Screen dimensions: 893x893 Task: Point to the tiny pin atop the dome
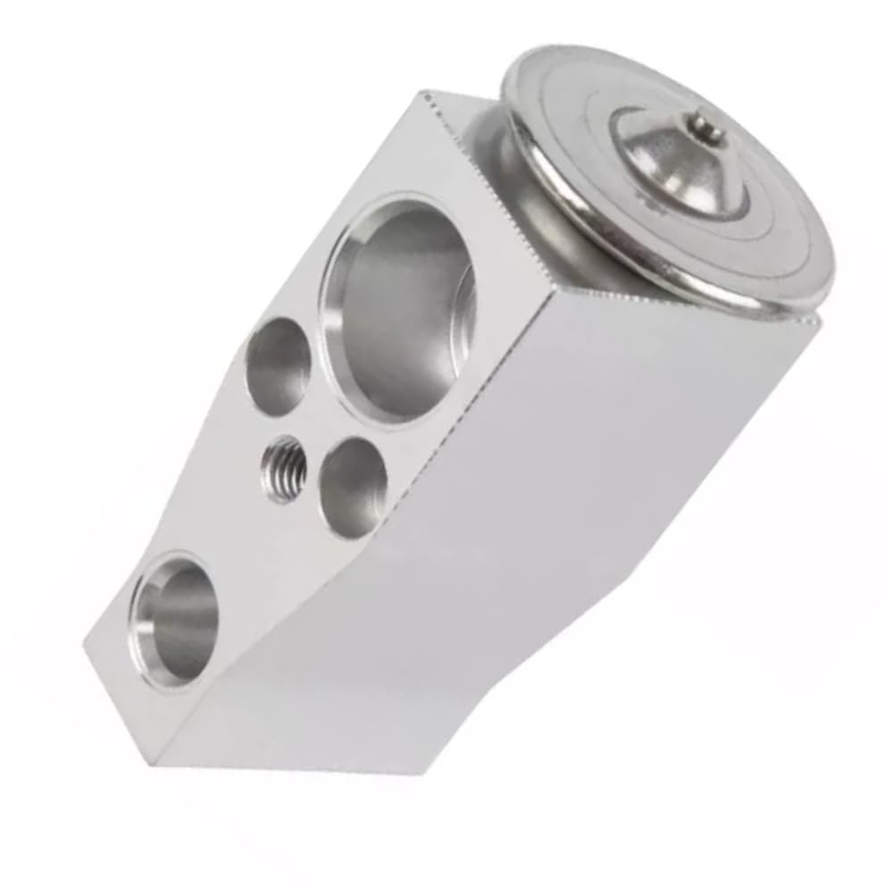[708, 125]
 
